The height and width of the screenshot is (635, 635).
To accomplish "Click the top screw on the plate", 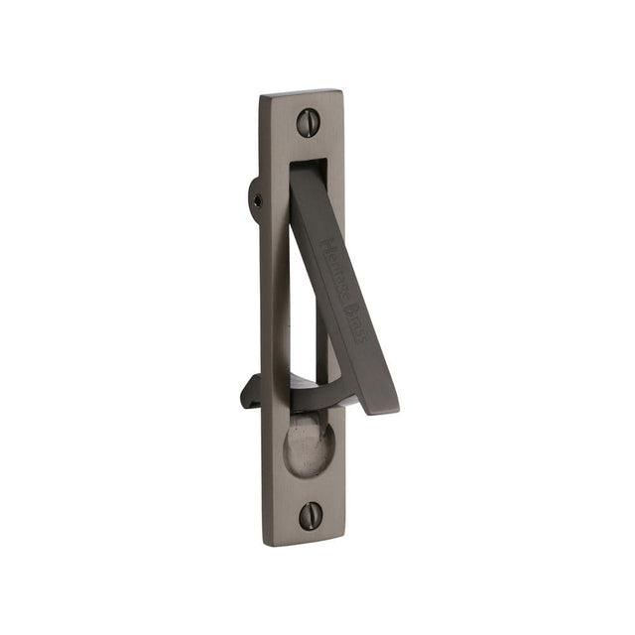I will tap(308, 123).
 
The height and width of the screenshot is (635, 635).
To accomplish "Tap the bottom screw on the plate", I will tap(312, 514).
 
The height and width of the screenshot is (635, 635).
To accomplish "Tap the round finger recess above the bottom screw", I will tap(310, 446).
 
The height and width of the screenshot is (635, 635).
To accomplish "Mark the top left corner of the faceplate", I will tap(263, 96).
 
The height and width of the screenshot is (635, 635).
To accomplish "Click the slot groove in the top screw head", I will tap(308, 123).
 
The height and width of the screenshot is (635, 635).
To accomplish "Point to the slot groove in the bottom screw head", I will tap(312, 514).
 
